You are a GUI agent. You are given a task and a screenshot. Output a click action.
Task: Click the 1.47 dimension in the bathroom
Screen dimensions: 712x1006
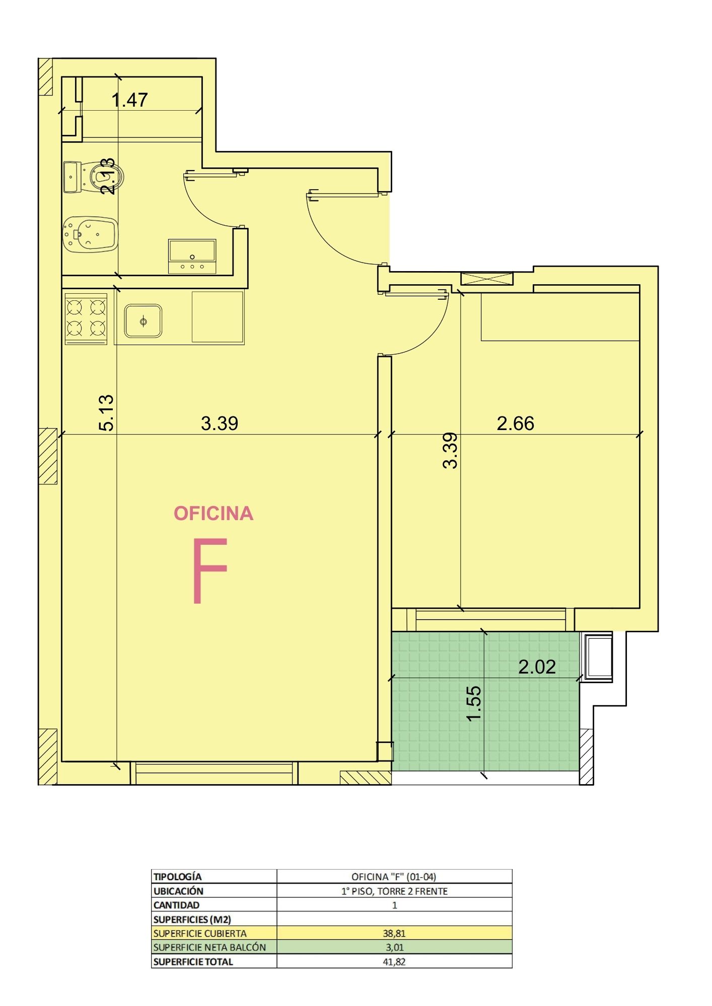click(x=129, y=100)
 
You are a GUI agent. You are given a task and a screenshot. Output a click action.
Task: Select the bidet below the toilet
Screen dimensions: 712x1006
click(x=90, y=234)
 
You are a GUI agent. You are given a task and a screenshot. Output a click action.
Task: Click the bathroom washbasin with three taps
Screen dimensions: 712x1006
click(x=192, y=257)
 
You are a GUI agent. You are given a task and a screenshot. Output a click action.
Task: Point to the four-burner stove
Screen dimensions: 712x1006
click(x=86, y=319)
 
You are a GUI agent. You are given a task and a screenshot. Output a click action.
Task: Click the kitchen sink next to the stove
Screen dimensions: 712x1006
click(x=144, y=320)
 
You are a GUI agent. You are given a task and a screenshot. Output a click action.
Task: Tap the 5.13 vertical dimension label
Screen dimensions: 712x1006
click(x=107, y=413)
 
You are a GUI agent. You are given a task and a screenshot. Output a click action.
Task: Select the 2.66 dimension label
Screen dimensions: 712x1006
click(x=515, y=424)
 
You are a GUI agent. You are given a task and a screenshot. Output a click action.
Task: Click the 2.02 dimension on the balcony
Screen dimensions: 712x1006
click(x=537, y=667)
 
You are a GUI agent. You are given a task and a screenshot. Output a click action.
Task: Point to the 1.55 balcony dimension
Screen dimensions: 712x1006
click(x=474, y=704)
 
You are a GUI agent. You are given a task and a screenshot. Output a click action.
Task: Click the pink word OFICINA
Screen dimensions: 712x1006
click(x=213, y=514)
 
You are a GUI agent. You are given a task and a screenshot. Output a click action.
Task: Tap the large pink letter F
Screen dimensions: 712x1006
click(x=210, y=570)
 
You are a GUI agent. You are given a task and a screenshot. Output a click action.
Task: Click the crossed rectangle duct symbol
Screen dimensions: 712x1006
click(x=487, y=279)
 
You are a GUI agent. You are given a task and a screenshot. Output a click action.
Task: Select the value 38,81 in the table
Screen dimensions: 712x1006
click(x=394, y=933)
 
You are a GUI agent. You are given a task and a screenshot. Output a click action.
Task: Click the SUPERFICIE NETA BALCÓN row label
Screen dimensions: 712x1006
click(x=209, y=947)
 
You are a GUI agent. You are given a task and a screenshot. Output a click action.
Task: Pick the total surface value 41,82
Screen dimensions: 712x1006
click(x=394, y=962)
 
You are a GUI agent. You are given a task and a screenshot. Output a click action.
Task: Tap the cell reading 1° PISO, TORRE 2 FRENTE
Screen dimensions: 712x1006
click(x=394, y=891)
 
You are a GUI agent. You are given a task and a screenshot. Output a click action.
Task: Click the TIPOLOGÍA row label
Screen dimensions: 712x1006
click(x=177, y=877)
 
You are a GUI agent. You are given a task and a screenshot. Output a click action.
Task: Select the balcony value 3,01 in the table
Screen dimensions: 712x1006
click(x=394, y=947)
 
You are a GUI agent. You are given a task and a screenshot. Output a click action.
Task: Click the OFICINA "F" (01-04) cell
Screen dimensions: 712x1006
click(x=394, y=877)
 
